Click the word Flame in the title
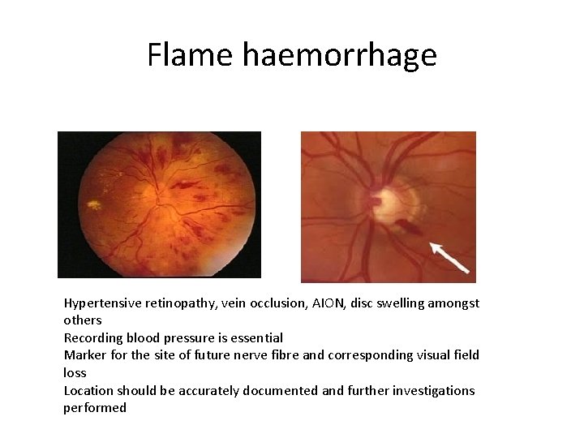pyautogui.click(x=191, y=55)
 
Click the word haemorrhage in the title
pyautogui.click(x=339, y=55)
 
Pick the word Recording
pyautogui.click(x=93, y=337)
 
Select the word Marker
pyautogui.click(x=84, y=355)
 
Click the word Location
pyautogui.click(x=89, y=391)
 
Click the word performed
pyautogui.click(x=95, y=408)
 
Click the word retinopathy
pyautogui.click(x=177, y=303)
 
